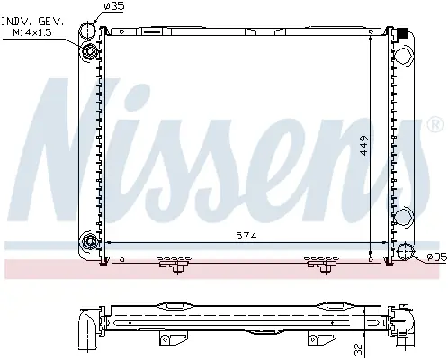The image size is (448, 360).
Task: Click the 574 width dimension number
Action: tap(246, 236)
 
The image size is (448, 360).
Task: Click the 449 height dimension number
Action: tap(363, 146)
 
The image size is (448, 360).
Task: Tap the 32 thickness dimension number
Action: tap(358, 348)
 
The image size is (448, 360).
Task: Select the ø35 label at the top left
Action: tap(114, 6)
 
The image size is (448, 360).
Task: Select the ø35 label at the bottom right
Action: tap(437, 257)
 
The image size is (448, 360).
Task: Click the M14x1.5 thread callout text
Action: tap(32, 32)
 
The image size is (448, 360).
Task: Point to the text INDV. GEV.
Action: tap(32, 22)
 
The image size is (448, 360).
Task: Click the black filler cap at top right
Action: tap(402, 33)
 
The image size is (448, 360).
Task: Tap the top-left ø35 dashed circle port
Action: tap(87, 31)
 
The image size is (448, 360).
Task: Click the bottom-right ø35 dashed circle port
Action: tap(405, 251)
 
